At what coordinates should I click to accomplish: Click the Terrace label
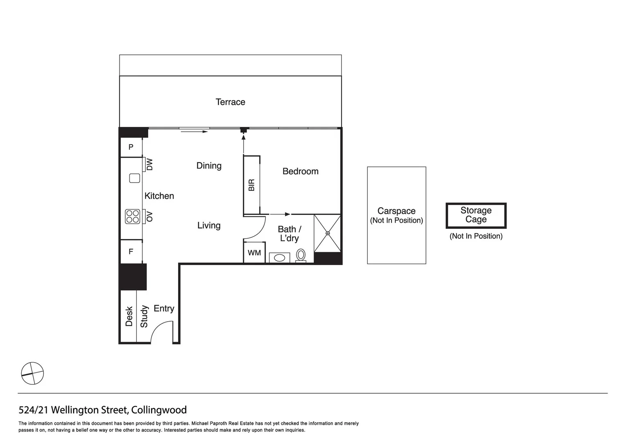230,102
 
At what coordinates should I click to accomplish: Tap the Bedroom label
300,171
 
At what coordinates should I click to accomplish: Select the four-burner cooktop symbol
133,216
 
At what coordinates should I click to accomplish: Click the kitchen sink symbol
135,178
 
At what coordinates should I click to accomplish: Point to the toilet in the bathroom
301,255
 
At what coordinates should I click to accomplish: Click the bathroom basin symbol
280,258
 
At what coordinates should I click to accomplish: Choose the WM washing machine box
254,253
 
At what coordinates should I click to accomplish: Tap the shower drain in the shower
328,233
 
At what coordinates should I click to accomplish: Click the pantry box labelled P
131,147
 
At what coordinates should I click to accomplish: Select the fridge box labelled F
131,251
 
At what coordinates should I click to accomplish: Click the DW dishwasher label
149,165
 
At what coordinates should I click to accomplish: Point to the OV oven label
149,216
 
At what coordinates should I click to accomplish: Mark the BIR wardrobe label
251,185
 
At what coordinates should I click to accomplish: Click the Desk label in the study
129,316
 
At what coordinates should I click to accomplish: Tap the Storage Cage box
476,215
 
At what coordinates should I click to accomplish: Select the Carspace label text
396,211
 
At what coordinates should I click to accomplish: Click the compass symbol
32,373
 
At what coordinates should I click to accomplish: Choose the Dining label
209,166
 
